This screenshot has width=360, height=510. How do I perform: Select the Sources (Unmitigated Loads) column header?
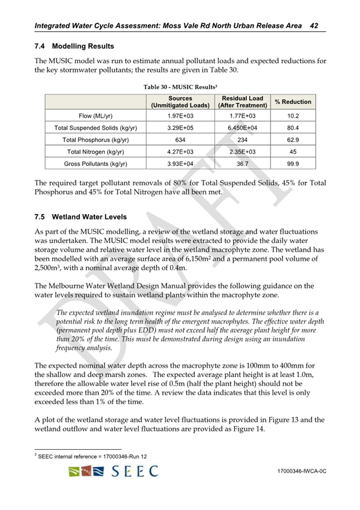(x=180, y=101)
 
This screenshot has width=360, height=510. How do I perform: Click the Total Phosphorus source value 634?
(x=180, y=139)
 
